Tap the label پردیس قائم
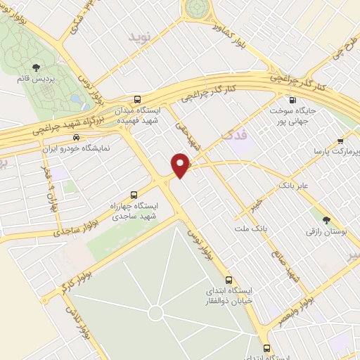[35, 78]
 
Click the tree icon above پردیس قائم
[35, 67]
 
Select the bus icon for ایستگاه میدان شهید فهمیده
[137, 99]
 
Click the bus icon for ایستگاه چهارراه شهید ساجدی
[134, 195]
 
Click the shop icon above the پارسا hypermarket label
[341, 139]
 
